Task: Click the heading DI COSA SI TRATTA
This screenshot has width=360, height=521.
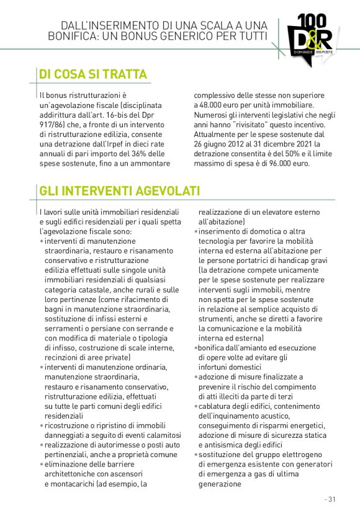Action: point(93,75)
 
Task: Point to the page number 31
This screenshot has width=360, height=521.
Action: point(330,499)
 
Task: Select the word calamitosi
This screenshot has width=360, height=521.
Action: point(160,435)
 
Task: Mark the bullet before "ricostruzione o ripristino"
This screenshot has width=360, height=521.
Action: point(41,425)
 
